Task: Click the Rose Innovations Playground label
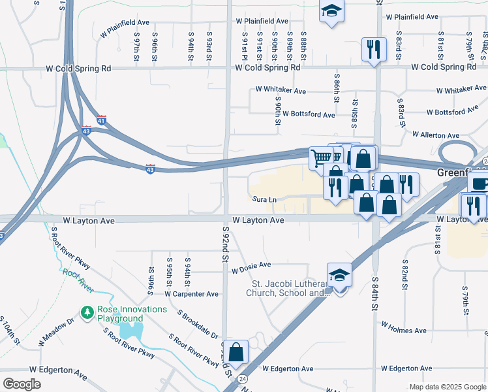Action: (x=120, y=314)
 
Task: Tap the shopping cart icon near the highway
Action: (x=321, y=157)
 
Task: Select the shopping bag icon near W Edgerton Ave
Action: (x=238, y=351)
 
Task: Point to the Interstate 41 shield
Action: (x=100, y=120)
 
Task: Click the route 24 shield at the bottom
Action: (x=243, y=379)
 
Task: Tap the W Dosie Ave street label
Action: (x=251, y=265)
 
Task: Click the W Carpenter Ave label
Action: (x=191, y=294)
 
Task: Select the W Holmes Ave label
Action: (x=404, y=327)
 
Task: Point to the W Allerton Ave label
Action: (x=435, y=135)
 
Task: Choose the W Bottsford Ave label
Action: (x=309, y=114)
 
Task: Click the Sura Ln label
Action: (x=265, y=199)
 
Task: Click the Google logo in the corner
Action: (x=22, y=384)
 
